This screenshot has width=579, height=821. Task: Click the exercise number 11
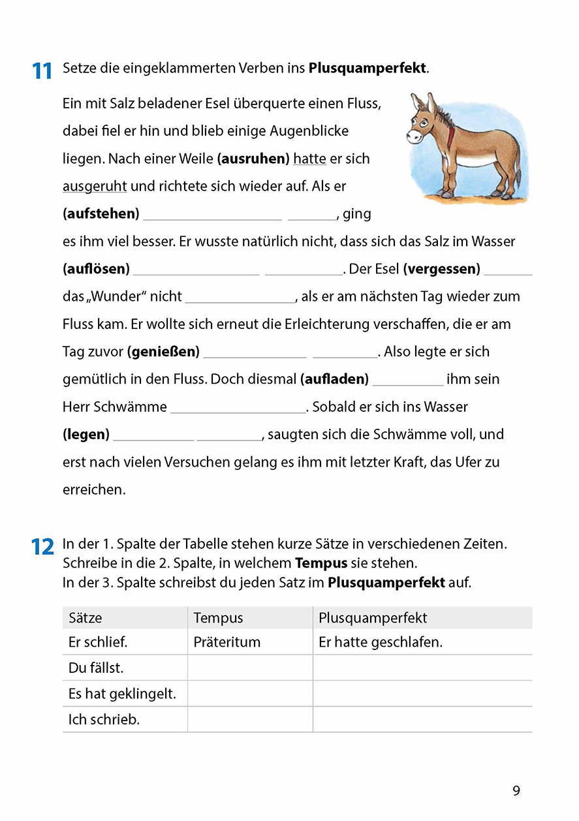(42, 70)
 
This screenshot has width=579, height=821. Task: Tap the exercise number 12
(42, 547)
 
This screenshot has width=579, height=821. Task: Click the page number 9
(516, 791)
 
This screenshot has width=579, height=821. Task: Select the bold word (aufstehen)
(101, 214)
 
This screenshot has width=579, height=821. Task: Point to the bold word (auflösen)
(97, 269)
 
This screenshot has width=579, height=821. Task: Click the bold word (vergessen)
(442, 269)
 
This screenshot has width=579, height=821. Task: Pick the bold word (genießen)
(163, 352)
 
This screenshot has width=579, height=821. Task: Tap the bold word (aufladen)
(335, 379)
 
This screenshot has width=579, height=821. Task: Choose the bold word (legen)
(86, 435)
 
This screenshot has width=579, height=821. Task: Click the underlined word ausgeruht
(95, 187)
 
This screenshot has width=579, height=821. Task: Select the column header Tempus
(218, 618)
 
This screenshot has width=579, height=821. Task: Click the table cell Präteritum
(227, 642)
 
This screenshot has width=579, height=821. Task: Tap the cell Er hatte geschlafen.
(381, 642)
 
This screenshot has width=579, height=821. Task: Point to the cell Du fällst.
(96, 668)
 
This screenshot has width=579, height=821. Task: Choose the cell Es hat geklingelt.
(122, 694)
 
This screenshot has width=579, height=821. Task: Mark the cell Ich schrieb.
(104, 720)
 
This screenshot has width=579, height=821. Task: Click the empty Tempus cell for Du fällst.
(250, 668)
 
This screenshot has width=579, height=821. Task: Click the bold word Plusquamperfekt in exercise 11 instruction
(368, 69)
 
